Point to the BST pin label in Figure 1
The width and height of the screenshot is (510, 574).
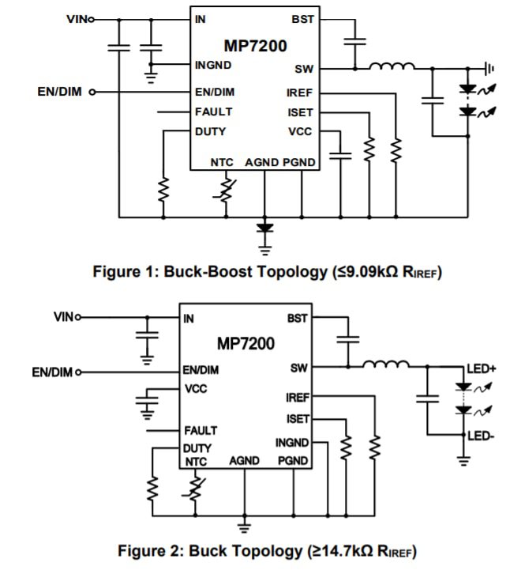click(x=302, y=18)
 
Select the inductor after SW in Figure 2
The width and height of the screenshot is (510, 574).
click(x=386, y=365)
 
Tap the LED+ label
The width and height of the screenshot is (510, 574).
click(x=481, y=369)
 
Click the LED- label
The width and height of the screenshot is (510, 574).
click(x=480, y=436)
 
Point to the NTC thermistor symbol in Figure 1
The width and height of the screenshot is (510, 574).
click(x=227, y=189)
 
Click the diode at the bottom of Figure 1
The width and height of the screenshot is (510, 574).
click(x=264, y=229)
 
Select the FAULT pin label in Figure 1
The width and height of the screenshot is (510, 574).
click(x=213, y=111)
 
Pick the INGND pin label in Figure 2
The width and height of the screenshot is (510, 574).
click(x=291, y=444)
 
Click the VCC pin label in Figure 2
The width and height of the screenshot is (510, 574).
click(x=196, y=389)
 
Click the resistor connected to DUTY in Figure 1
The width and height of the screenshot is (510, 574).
click(x=163, y=189)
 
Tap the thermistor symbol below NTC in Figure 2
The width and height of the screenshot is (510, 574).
click(x=194, y=489)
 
